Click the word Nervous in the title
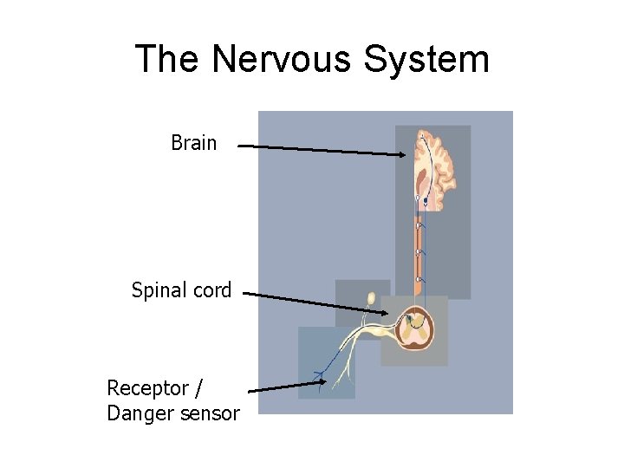click(x=281, y=60)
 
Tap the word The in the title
click(x=168, y=60)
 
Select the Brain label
click(x=193, y=143)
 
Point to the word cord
click(x=213, y=290)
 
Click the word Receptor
click(x=145, y=387)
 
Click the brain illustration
click(x=442, y=169)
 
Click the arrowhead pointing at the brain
click(x=401, y=155)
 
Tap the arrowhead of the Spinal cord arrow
click(x=385, y=312)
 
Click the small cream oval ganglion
click(x=371, y=299)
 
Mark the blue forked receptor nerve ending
click(x=322, y=378)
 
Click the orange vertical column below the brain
click(x=420, y=251)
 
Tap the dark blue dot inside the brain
click(x=426, y=200)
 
